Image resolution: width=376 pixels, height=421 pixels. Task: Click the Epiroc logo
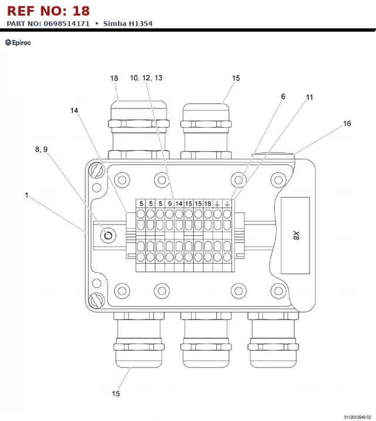point(18,42)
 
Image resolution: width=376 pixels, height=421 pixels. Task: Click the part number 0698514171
point(66,23)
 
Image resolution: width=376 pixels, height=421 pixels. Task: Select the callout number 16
point(347,124)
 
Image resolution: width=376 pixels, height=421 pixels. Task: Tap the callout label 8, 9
point(42,150)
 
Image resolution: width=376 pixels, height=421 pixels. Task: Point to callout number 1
point(26,195)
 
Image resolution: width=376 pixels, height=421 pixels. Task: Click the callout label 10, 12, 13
point(146,78)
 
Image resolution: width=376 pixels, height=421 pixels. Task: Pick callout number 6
point(283,96)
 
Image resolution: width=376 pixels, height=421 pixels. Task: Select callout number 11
point(310,97)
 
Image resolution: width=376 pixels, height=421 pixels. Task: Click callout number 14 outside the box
point(74,111)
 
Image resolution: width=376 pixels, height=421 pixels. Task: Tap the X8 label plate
point(296,236)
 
